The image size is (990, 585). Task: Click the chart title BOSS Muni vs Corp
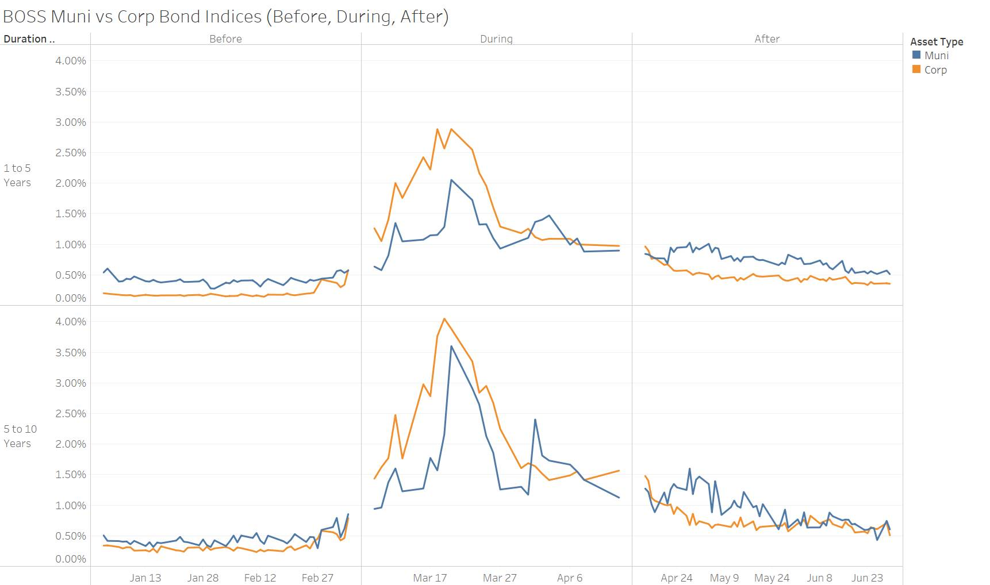pyautogui.click(x=225, y=16)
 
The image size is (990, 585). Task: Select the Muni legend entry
pyautogui.click(x=936, y=56)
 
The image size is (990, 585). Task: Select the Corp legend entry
pyautogui.click(x=935, y=70)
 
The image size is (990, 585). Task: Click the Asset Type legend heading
pyautogui.click(x=937, y=42)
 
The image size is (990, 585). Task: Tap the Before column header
pyautogui.click(x=225, y=39)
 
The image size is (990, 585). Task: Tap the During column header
pyautogui.click(x=496, y=39)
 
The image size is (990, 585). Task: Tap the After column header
pyautogui.click(x=767, y=39)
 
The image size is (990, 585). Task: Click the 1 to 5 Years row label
pyautogui.click(x=17, y=175)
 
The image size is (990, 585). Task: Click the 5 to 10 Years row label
pyautogui.click(x=20, y=436)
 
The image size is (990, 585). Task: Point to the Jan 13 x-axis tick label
pyautogui.click(x=145, y=578)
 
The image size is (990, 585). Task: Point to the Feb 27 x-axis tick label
pyautogui.click(x=317, y=578)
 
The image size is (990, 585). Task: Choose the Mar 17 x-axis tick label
pyautogui.click(x=429, y=578)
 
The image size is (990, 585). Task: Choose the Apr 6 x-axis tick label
pyautogui.click(x=569, y=578)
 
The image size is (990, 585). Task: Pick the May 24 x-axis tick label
pyautogui.click(x=772, y=578)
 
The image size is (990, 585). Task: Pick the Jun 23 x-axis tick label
pyautogui.click(x=867, y=578)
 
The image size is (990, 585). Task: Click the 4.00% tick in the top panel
pyautogui.click(x=71, y=61)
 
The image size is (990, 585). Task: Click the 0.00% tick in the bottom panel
pyautogui.click(x=71, y=559)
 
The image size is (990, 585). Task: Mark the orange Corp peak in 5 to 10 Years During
pyautogui.click(x=444, y=319)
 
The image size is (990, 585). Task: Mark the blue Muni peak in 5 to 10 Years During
pyautogui.click(x=451, y=347)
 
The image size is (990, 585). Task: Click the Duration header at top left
pyautogui.click(x=29, y=39)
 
